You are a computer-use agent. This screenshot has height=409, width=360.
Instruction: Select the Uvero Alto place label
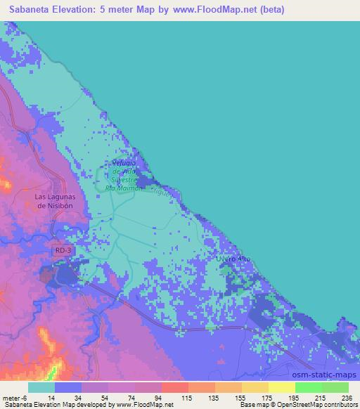coord(232,259)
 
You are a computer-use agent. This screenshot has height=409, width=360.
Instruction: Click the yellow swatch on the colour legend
coord(281,387)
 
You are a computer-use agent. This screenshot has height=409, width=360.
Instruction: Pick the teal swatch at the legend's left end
coord(41,387)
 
